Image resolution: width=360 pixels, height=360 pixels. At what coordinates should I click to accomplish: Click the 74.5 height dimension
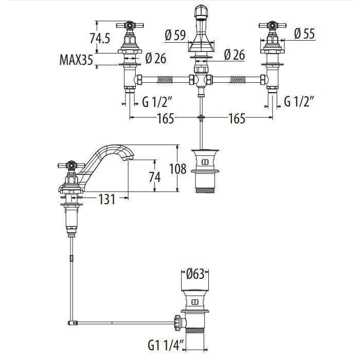(100, 39)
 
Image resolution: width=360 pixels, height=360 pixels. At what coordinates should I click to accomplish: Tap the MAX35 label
(77, 61)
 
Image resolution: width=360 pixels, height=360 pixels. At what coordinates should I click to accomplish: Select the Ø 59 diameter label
(175, 35)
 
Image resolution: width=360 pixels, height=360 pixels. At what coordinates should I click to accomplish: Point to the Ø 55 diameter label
(304, 34)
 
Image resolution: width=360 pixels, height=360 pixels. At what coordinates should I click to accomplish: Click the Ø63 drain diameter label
(196, 274)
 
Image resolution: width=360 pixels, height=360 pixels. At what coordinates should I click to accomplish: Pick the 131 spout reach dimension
(106, 199)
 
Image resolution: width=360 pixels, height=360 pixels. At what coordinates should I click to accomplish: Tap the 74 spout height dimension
(154, 177)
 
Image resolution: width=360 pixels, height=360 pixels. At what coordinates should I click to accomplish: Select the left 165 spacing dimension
(166, 119)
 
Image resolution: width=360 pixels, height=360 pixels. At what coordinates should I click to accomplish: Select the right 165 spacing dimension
(237, 119)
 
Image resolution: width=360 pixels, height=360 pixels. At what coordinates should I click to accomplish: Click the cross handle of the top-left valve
(129, 25)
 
